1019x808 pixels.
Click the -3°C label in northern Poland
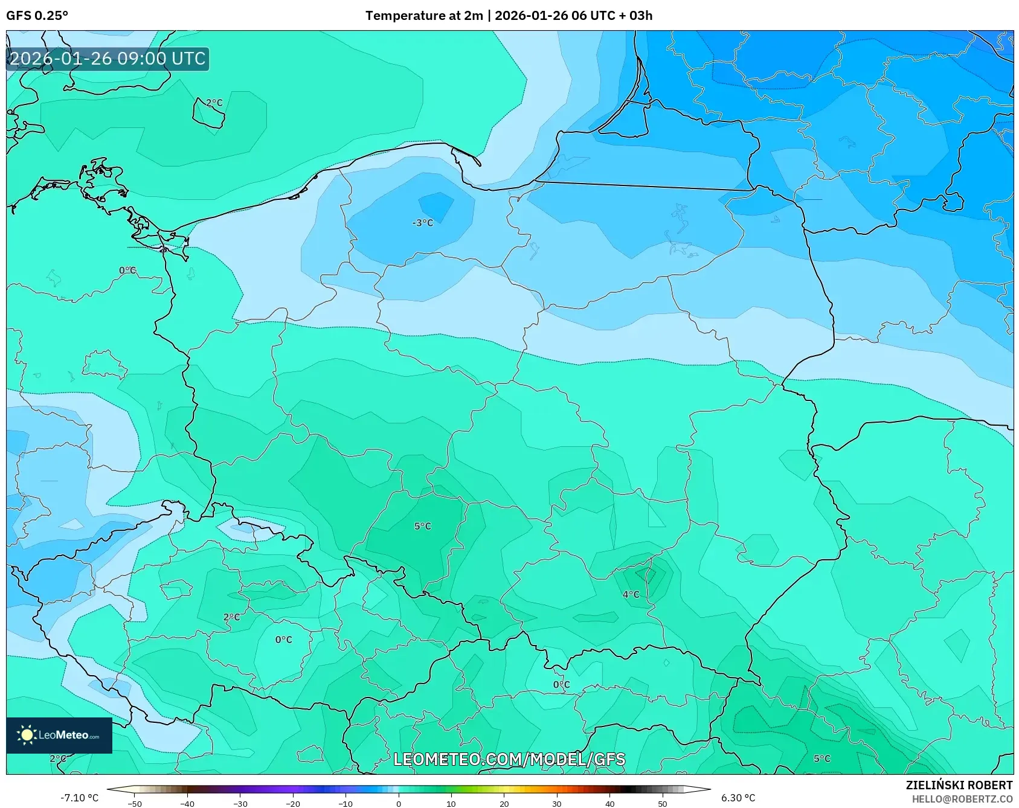[423, 223]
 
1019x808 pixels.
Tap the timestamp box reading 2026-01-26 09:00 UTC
[108, 59]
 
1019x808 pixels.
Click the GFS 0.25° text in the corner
[37, 16]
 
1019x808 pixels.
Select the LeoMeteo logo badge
[59, 735]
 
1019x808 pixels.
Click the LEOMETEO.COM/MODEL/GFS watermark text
[509, 759]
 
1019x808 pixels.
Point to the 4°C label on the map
[631, 594]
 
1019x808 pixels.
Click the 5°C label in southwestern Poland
[423, 526]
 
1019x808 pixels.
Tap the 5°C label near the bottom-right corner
[821, 758]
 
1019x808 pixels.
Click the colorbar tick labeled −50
[135, 803]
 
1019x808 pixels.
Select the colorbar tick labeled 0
[398, 803]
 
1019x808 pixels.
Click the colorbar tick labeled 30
[556, 803]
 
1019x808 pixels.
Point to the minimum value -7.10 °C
[79, 798]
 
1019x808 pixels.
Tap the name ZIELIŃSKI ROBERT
[959, 785]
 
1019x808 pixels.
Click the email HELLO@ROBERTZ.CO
[962, 799]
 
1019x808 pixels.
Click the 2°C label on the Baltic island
[214, 103]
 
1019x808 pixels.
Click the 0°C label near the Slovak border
[561, 684]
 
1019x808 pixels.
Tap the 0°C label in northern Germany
[127, 270]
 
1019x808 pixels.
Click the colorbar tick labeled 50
[662, 803]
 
